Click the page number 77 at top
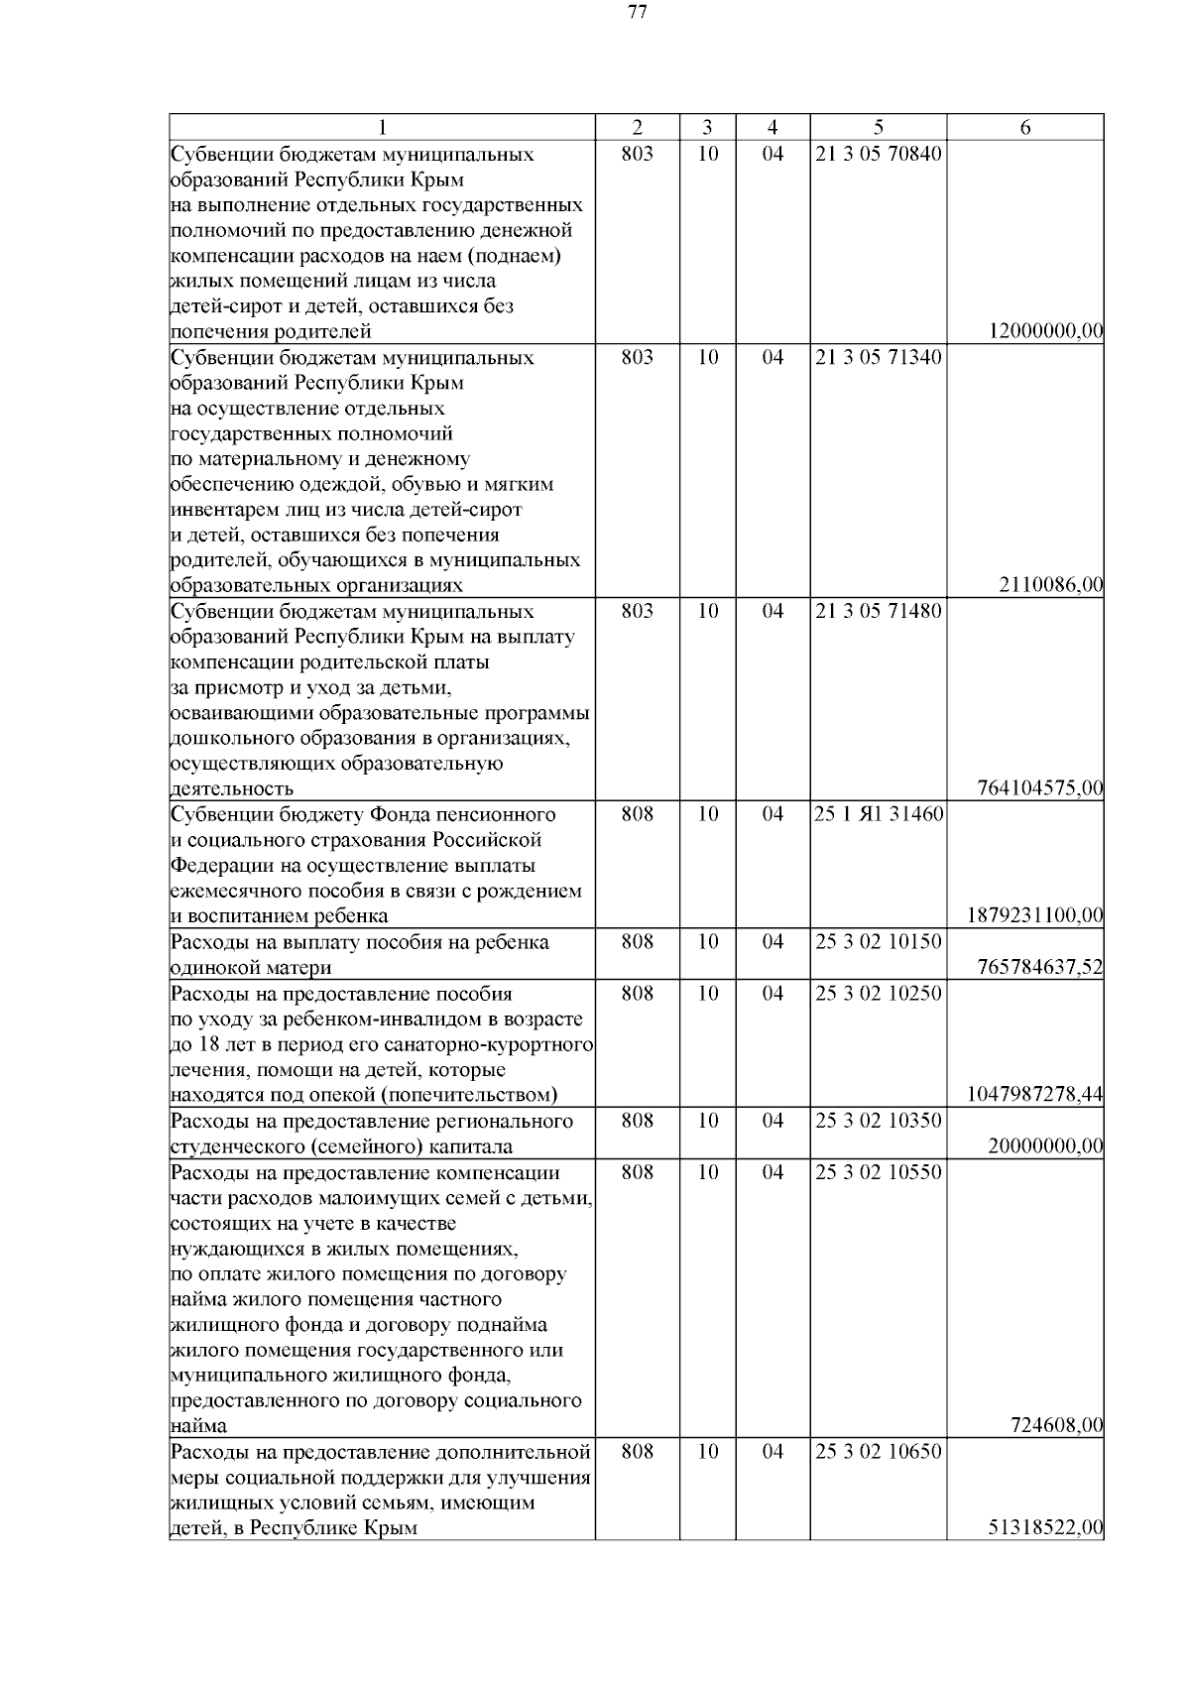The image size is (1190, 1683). pyautogui.click(x=638, y=13)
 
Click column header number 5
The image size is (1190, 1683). pyautogui.click(x=878, y=128)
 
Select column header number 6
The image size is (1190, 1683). pyautogui.click(x=1024, y=128)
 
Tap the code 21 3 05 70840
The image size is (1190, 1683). pyautogui.click(x=878, y=155)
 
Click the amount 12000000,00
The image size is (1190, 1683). pyautogui.click(x=1046, y=332)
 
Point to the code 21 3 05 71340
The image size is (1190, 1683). pyautogui.click(x=878, y=358)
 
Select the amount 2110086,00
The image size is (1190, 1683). pyautogui.click(x=1051, y=586)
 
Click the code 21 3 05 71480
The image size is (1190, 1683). pyautogui.click(x=878, y=612)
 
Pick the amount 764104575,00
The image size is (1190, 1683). pyautogui.click(x=1040, y=789)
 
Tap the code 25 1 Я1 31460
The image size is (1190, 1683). pyautogui.click(x=878, y=815)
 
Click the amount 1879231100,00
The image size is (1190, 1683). pyautogui.click(x=1035, y=916)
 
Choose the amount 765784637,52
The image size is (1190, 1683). pyautogui.click(x=1040, y=967)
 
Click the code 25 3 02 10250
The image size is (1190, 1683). pyautogui.click(x=878, y=993)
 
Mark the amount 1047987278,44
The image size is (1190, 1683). pyautogui.click(x=1035, y=1095)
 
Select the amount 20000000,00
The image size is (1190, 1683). pyautogui.click(x=1046, y=1145)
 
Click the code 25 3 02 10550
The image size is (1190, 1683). pyautogui.click(x=878, y=1171)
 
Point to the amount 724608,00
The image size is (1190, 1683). pyautogui.click(x=1056, y=1426)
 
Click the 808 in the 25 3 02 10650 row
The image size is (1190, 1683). pyautogui.click(x=637, y=1452)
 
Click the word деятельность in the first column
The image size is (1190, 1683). pyautogui.click(x=232, y=789)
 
